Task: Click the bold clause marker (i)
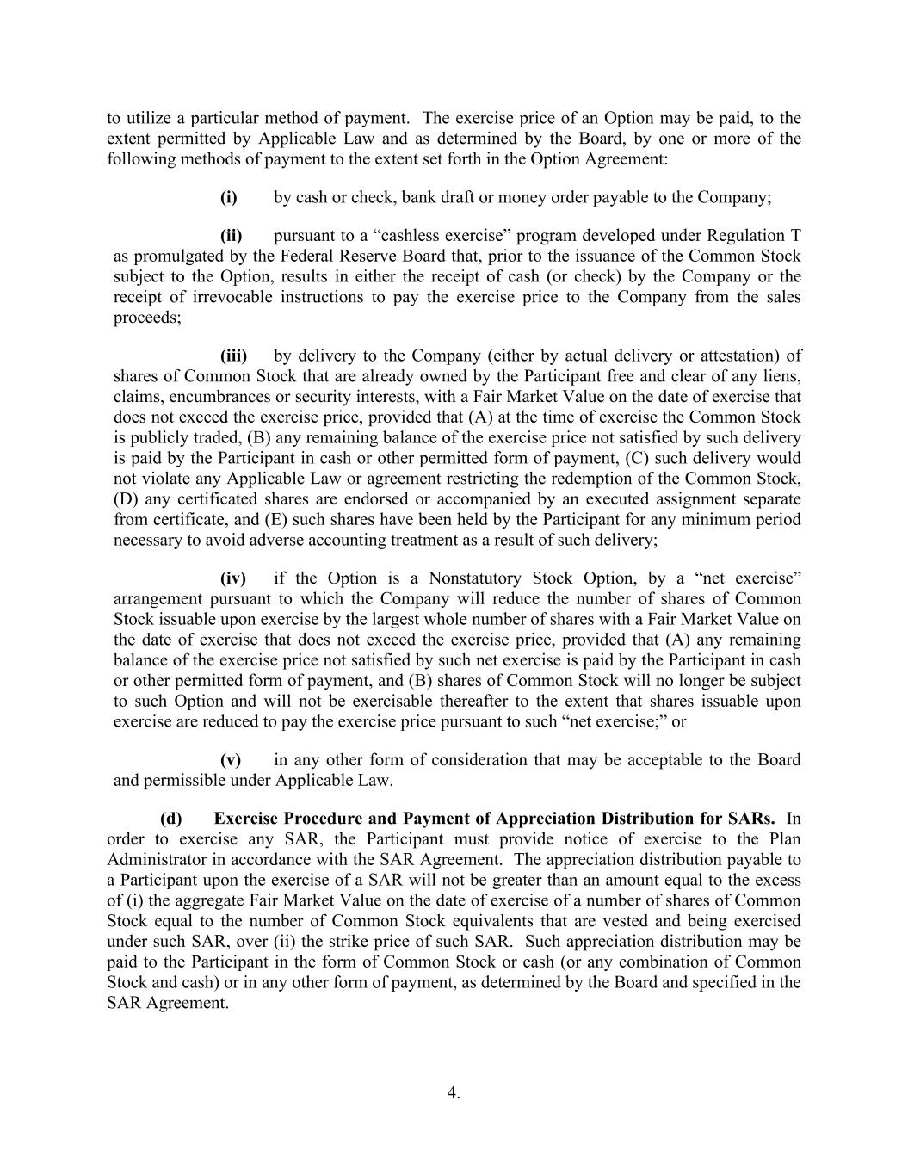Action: [x=228, y=197]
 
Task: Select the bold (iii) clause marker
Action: [x=233, y=356]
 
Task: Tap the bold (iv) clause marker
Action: [x=233, y=578]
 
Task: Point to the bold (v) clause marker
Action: [x=231, y=759]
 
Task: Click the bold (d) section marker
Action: [x=170, y=818]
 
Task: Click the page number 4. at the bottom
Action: [x=454, y=1093]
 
